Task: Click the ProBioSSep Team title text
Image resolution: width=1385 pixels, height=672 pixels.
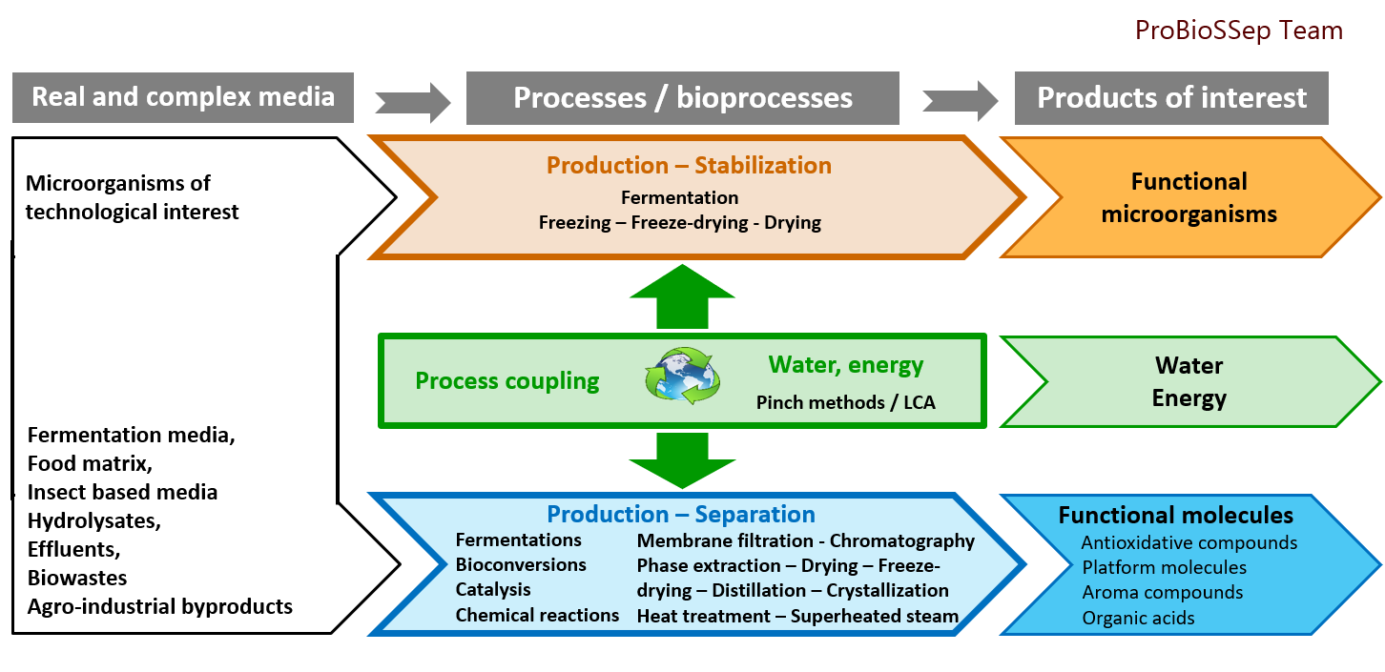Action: tap(1238, 31)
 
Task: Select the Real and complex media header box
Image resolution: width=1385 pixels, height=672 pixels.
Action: tap(183, 97)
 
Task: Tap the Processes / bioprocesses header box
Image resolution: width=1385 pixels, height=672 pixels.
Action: tap(682, 98)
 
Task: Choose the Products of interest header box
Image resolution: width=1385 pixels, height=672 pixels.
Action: tap(1171, 98)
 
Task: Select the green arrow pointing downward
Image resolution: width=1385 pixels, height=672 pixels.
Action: tap(681, 460)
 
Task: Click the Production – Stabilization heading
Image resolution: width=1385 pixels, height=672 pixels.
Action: tap(689, 166)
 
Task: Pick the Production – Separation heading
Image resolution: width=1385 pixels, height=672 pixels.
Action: tap(680, 515)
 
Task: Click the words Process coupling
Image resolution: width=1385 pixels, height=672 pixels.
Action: tap(507, 381)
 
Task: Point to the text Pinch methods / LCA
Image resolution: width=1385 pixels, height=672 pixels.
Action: tap(845, 402)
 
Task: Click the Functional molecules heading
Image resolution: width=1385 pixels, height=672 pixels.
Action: tap(1175, 516)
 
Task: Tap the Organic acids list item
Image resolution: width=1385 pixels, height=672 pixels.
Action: tap(1138, 618)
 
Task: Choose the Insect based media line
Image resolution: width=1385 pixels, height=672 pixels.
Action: tap(122, 493)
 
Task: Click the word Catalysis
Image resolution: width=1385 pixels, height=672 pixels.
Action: tap(493, 590)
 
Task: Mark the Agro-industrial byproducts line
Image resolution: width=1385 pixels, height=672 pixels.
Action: tap(160, 606)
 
